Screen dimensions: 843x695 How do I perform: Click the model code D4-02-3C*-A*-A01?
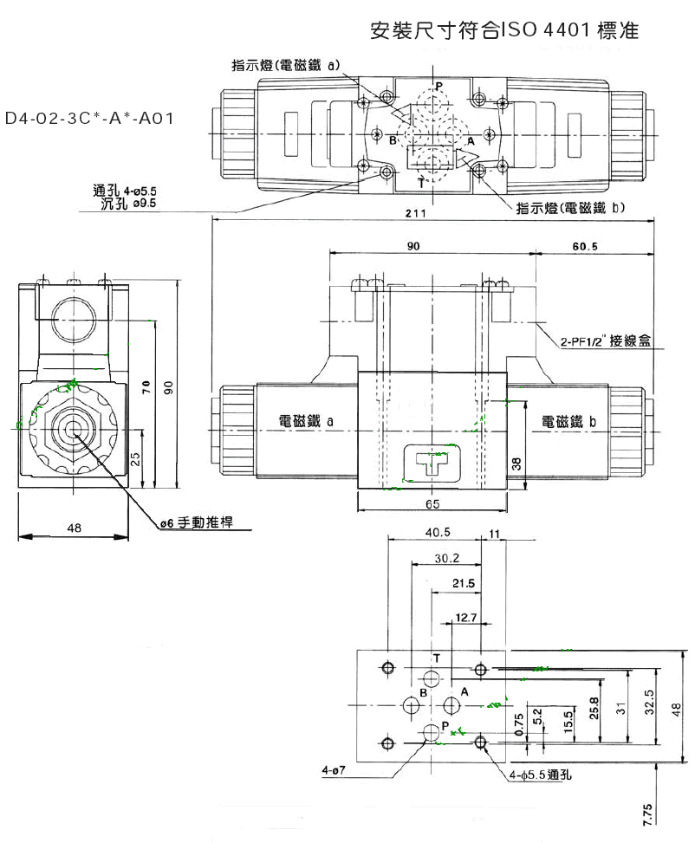(89, 117)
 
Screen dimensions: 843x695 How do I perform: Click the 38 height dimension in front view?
(516, 464)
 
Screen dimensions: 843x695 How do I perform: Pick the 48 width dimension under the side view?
(73, 526)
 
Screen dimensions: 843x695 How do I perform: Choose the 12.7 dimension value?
(467, 617)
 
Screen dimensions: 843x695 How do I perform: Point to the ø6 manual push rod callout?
(202, 522)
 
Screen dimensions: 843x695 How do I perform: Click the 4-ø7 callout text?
(333, 768)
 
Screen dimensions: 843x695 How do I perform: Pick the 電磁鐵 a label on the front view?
(306, 421)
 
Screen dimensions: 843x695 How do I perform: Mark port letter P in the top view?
(438, 87)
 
